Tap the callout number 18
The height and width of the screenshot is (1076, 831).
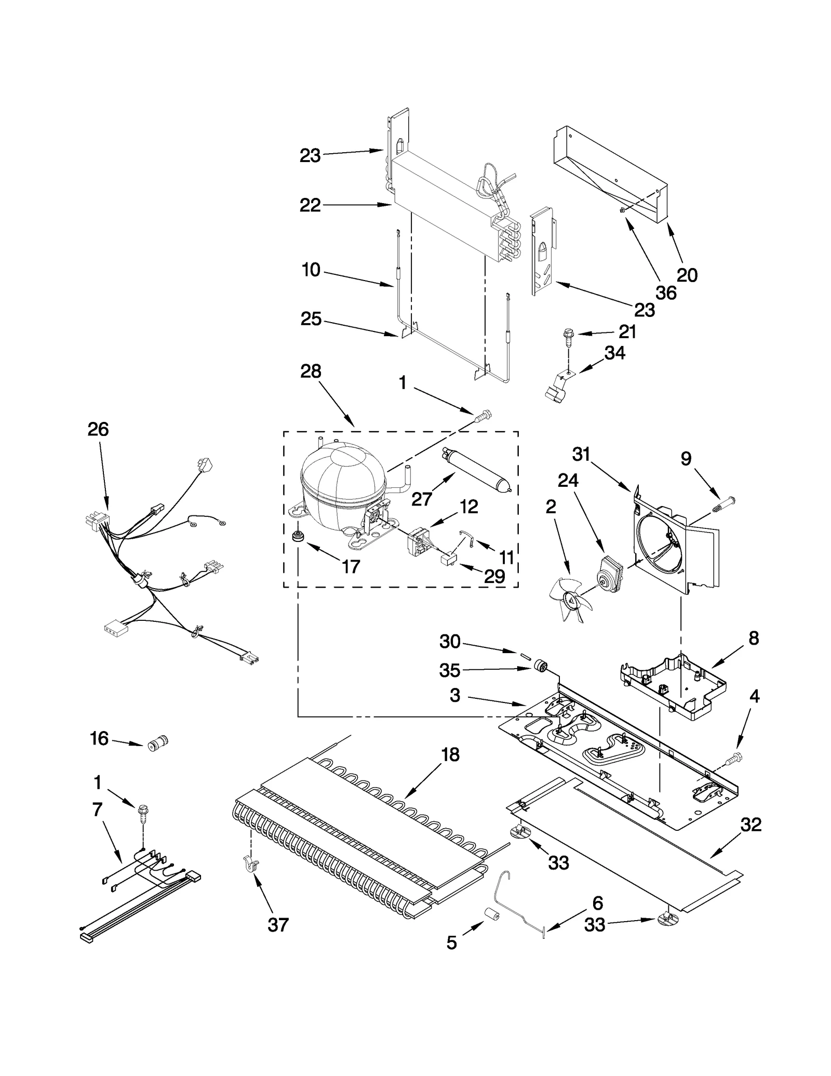450,754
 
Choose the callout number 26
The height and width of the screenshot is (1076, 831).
98,429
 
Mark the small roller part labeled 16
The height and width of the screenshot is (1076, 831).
157,744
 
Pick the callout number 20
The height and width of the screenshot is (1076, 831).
687,275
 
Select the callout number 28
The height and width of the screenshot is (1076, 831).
311,371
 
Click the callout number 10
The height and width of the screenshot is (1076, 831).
311,270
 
